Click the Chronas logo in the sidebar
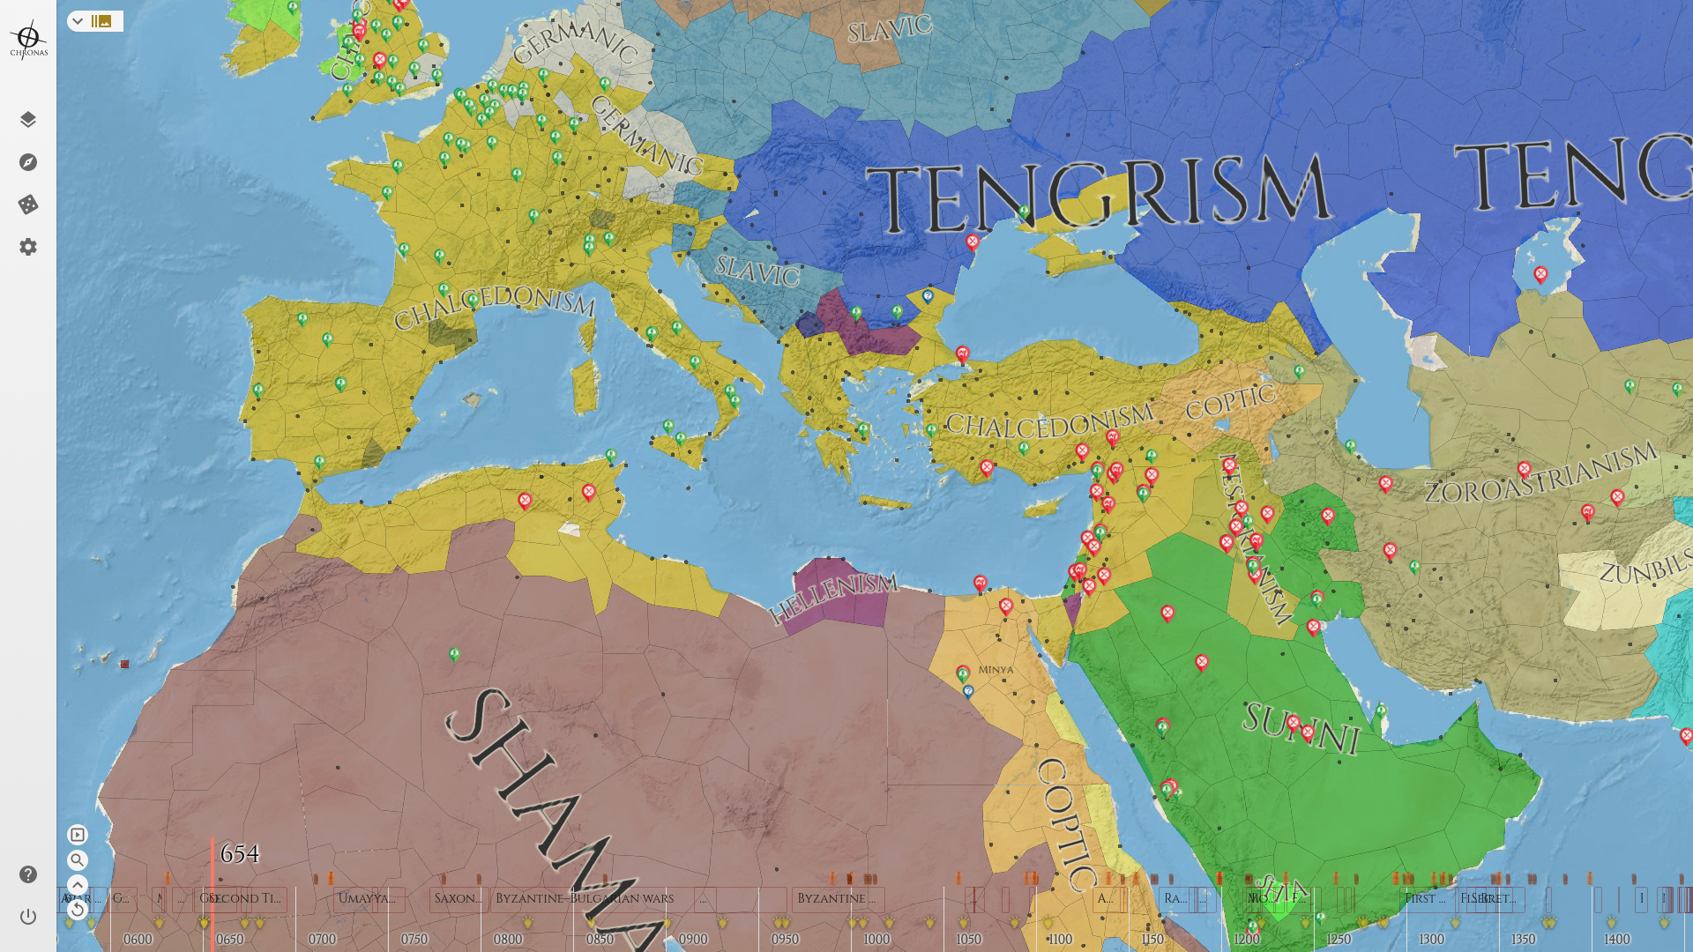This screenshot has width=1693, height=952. (28, 40)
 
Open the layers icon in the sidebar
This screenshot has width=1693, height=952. (28, 120)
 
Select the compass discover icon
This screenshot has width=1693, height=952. (28, 162)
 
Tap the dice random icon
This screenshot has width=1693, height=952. (28, 205)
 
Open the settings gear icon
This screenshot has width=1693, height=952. (28, 247)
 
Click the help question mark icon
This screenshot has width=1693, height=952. (28, 874)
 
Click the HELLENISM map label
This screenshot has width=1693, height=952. (833, 598)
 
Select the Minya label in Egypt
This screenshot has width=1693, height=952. (996, 670)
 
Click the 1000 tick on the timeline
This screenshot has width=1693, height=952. (876, 940)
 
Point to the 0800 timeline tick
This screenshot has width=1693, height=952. (508, 940)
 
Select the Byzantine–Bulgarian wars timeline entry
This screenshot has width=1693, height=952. (584, 898)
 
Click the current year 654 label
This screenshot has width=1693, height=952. (239, 853)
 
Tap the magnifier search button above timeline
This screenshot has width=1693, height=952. (78, 860)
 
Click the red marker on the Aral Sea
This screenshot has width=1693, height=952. (1540, 274)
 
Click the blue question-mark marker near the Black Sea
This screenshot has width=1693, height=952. (928, 296)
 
